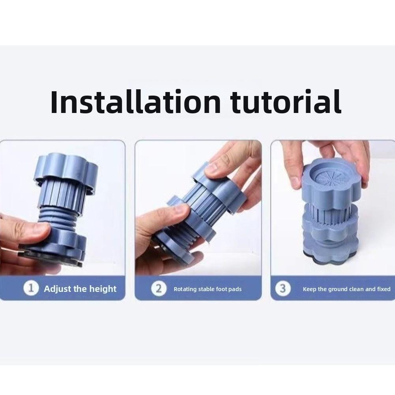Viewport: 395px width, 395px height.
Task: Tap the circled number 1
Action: [31, 288]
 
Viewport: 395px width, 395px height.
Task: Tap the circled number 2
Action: [159, 288]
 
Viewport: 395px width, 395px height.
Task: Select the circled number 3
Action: [283, 288]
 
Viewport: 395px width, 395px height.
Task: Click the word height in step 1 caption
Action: [103, 289]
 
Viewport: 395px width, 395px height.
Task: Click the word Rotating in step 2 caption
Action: [185, 289]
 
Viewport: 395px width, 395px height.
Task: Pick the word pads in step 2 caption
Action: [235, 289]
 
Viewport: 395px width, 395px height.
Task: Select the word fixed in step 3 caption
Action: [384, 289]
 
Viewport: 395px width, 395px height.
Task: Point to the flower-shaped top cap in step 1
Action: [66, 171]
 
